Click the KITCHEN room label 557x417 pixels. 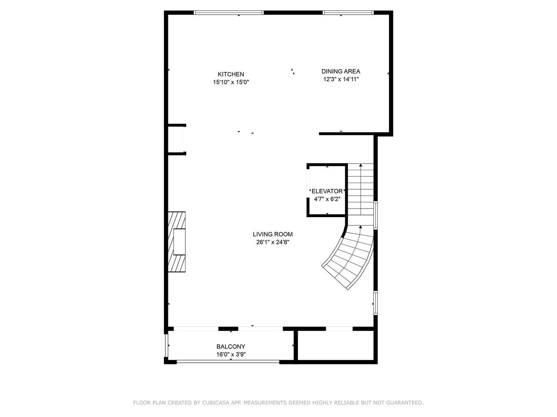(x=231, y=74)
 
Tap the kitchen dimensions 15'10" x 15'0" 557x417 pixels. (x=231, y=82)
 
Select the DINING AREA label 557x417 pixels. (x=341, y=71)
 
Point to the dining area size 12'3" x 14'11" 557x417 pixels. (x=341, y=79)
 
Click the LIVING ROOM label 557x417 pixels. (x=272, y=234)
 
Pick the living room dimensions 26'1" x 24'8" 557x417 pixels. (x=272, y=242)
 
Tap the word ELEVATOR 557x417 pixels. (x=327, y=191)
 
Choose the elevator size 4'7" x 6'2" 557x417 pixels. (x=327, y=199)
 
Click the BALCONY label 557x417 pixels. (x=231, y=346)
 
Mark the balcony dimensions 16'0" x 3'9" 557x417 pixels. (x=231, y=354)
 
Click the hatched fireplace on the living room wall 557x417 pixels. (x=177, y=242)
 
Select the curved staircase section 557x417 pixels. (x=350, y=258)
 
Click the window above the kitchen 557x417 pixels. (x=228, y=13)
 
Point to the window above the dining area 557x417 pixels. (x=348, y=13)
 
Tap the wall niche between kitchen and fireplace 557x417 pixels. (x=176, y=139)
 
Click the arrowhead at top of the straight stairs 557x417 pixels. (x=361, y=165)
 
